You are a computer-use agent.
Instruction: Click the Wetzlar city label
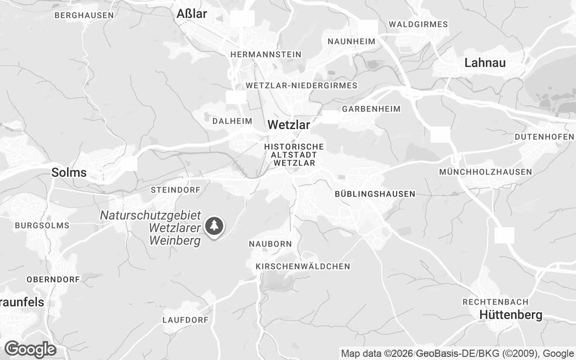pos(288,125)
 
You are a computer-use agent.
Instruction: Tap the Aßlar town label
pos(192,13)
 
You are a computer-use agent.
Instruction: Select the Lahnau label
pos(485,63)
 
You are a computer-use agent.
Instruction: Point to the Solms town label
pos(69,172)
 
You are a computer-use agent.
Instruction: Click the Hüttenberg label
pos(511,315)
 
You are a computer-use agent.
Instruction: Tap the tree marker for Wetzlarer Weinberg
pos(215,226)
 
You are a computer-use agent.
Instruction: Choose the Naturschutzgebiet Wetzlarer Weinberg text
pos(150,228)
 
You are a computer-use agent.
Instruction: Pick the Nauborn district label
pos(270,244)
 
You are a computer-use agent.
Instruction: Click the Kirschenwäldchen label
pos(302,266)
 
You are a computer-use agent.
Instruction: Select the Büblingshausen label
pos(375,194)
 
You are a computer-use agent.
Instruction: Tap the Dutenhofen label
pos(544,137)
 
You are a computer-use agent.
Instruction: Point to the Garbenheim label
pos(371,109)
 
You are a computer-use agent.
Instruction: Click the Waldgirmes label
pos(418,24)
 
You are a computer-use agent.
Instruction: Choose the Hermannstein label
pos(265,54)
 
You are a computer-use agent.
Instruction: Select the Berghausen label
pos(84,15)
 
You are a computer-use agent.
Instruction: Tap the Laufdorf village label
pos(185,320)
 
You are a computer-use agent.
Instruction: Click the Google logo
pos(30,349)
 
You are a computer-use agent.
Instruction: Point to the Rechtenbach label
pos(495,301)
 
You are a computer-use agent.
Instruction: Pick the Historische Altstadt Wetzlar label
pos(294,155)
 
